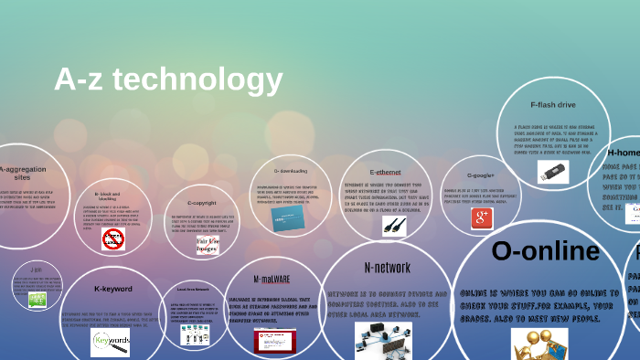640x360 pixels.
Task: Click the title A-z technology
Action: (168, 80)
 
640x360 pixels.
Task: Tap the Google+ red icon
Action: (482, 217)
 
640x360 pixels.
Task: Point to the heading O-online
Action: (545, 250)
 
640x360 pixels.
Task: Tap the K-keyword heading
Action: (113, 289)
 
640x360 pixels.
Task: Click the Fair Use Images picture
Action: (207, 245)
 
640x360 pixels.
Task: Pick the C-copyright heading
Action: (201, 202)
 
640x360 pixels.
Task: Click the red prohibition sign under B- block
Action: (113, 239)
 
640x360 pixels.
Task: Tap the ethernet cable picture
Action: (394, 226)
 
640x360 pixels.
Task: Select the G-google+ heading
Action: (480, 175)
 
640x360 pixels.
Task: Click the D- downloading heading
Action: (290, 171)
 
